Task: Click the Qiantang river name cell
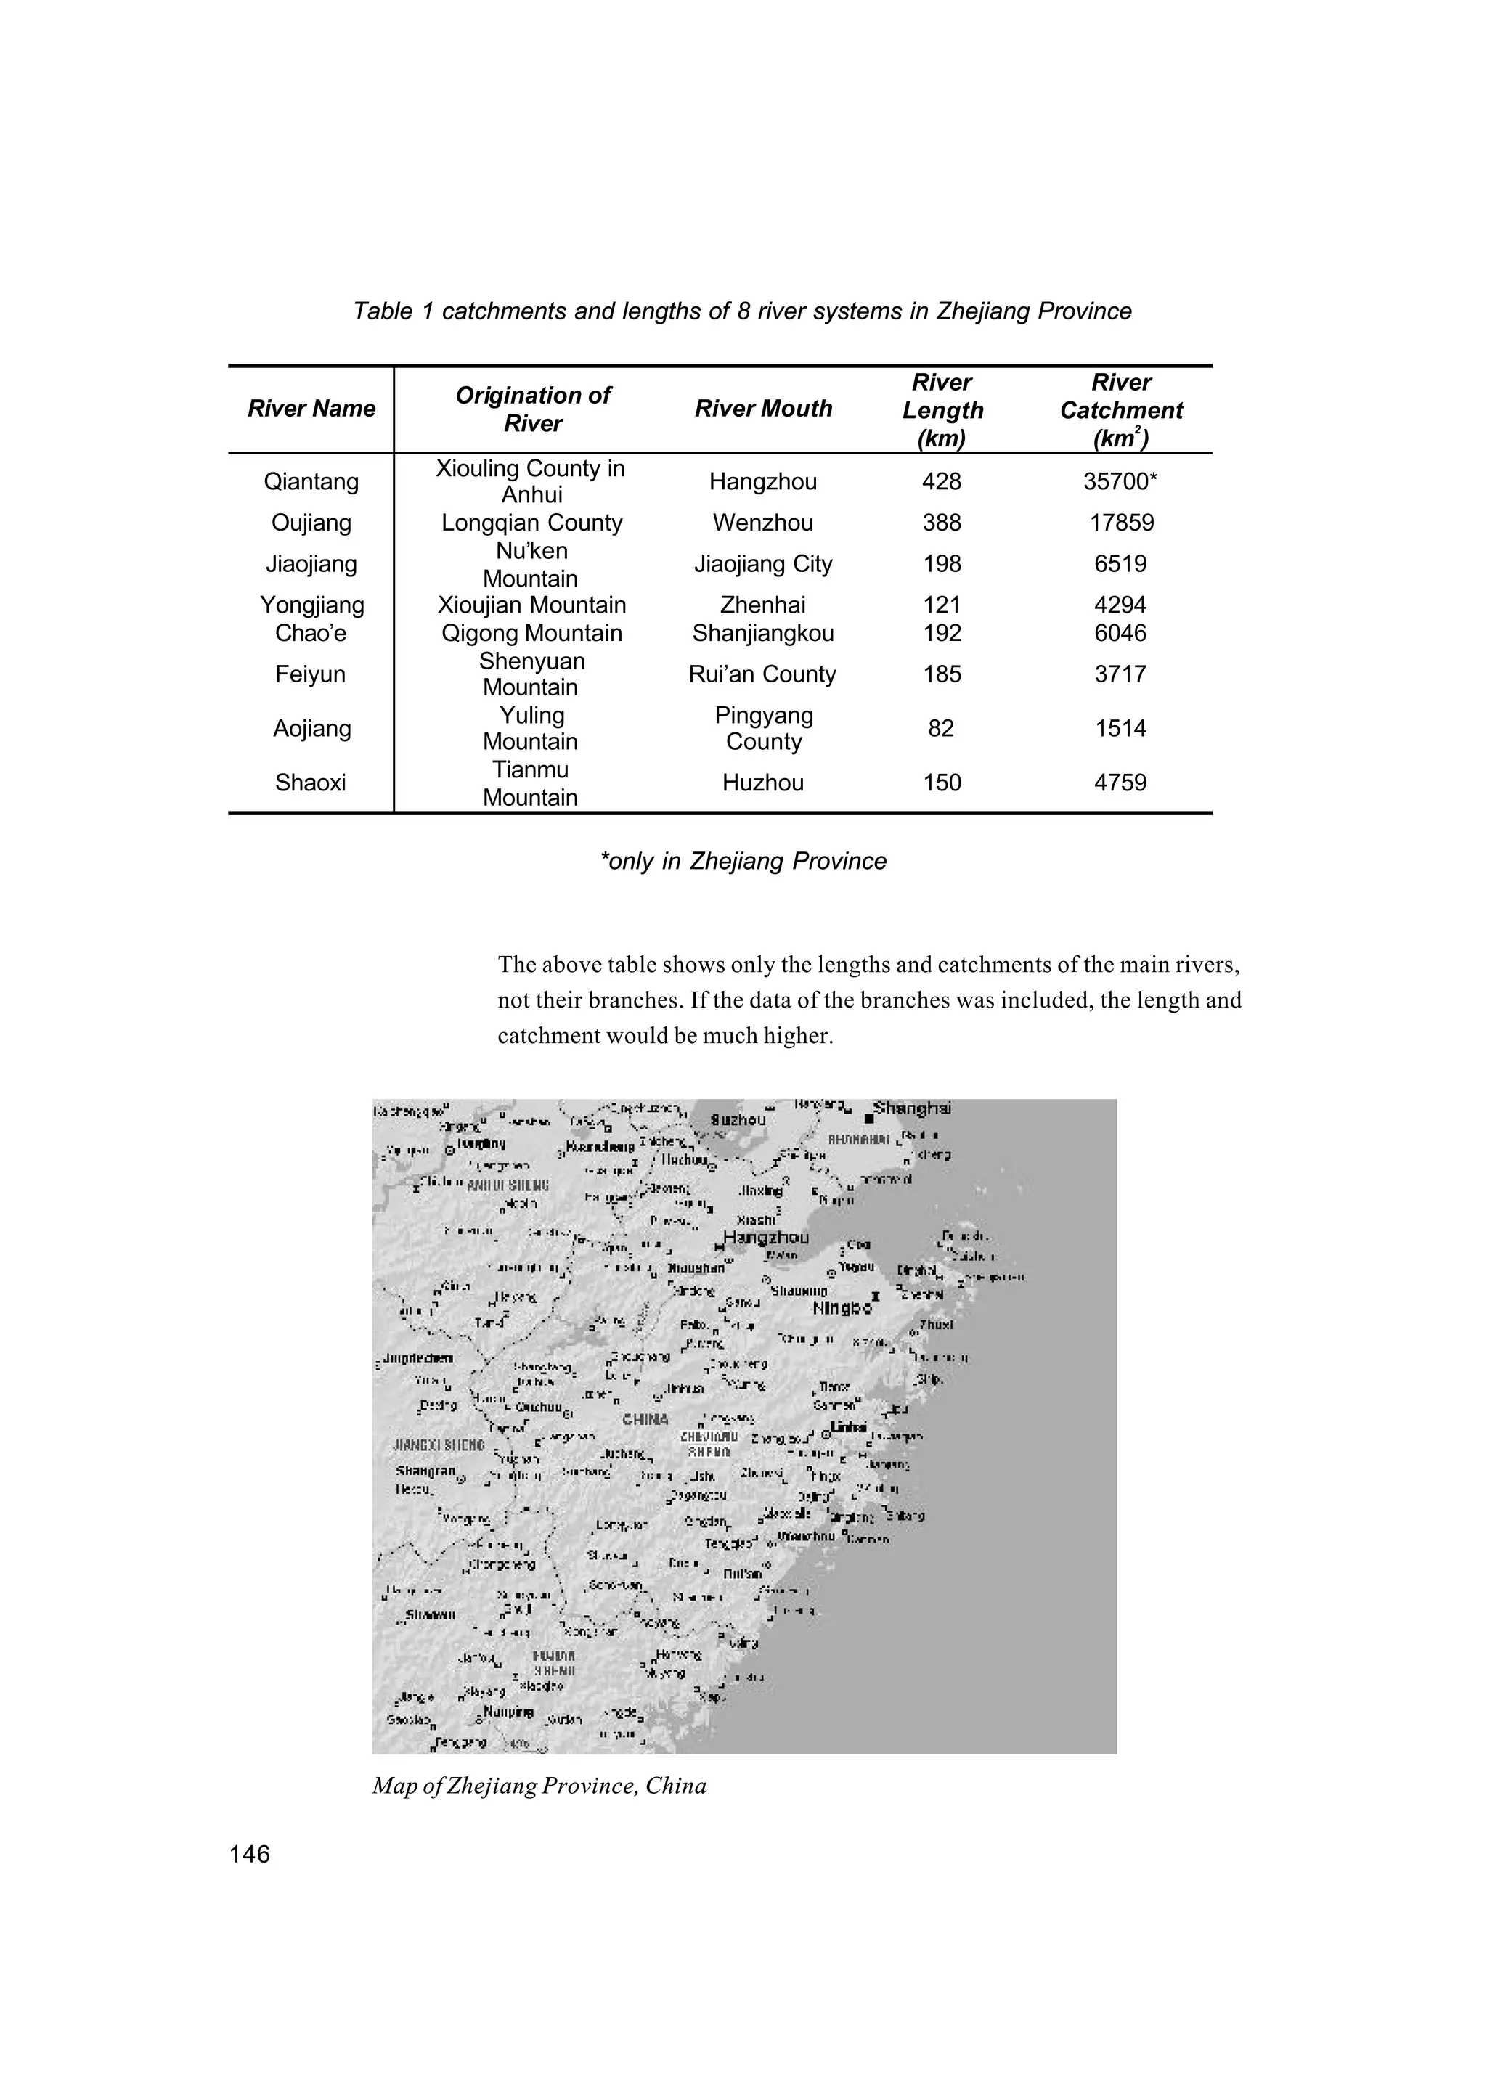coord(311,481)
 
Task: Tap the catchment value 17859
coord(1121,523)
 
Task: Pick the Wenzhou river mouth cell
coord(762,523)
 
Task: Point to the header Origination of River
coord(532,409)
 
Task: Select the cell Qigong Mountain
coord(531,634)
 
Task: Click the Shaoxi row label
coord(311,783)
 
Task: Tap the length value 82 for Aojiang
coord(940,729)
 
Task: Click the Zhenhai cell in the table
coord(762,605)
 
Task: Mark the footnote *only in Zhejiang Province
coord(743,862)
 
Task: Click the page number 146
coord(250,1854)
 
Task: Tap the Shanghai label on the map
coord(912,1108)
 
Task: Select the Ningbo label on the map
coord(842,1308)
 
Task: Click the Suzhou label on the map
coord(738,1119)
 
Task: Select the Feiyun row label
coord(311,674)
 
